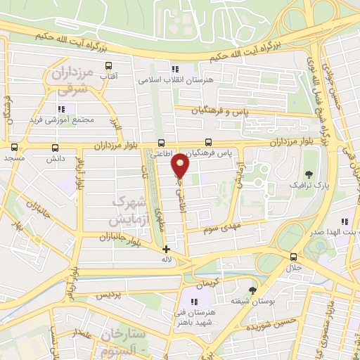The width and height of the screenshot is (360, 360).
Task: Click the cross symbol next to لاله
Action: [x=166, y=249]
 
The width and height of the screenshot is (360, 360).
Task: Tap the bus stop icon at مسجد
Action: [x=15, y=147]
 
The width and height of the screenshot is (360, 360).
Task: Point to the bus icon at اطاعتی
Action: [x=162, y=141]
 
